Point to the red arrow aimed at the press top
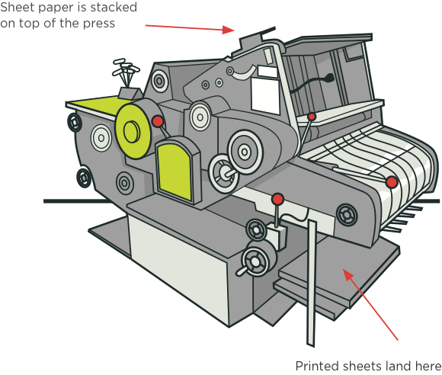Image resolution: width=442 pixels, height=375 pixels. [x=190, y=27]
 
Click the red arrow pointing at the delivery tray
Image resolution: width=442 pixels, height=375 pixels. [x=370, y=305]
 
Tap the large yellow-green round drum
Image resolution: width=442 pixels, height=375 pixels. [x=133, y=130]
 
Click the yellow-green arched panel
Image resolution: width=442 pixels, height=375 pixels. [x=175, y=171]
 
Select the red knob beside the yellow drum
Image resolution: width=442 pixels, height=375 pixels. [x=158, y=121]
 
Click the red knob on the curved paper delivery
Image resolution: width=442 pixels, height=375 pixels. [x=391, y=182]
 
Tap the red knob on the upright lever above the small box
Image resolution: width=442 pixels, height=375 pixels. [x=277, y=199]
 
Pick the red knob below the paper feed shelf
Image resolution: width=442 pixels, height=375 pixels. [x=312, y=116]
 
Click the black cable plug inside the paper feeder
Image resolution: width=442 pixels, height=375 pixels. [x=328, y=78]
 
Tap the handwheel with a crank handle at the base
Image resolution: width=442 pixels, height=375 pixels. [x=256, y=261]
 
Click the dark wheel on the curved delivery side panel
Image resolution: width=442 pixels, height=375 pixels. [x=347, y=215]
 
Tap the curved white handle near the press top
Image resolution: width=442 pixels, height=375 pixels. [x=245, y=72]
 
